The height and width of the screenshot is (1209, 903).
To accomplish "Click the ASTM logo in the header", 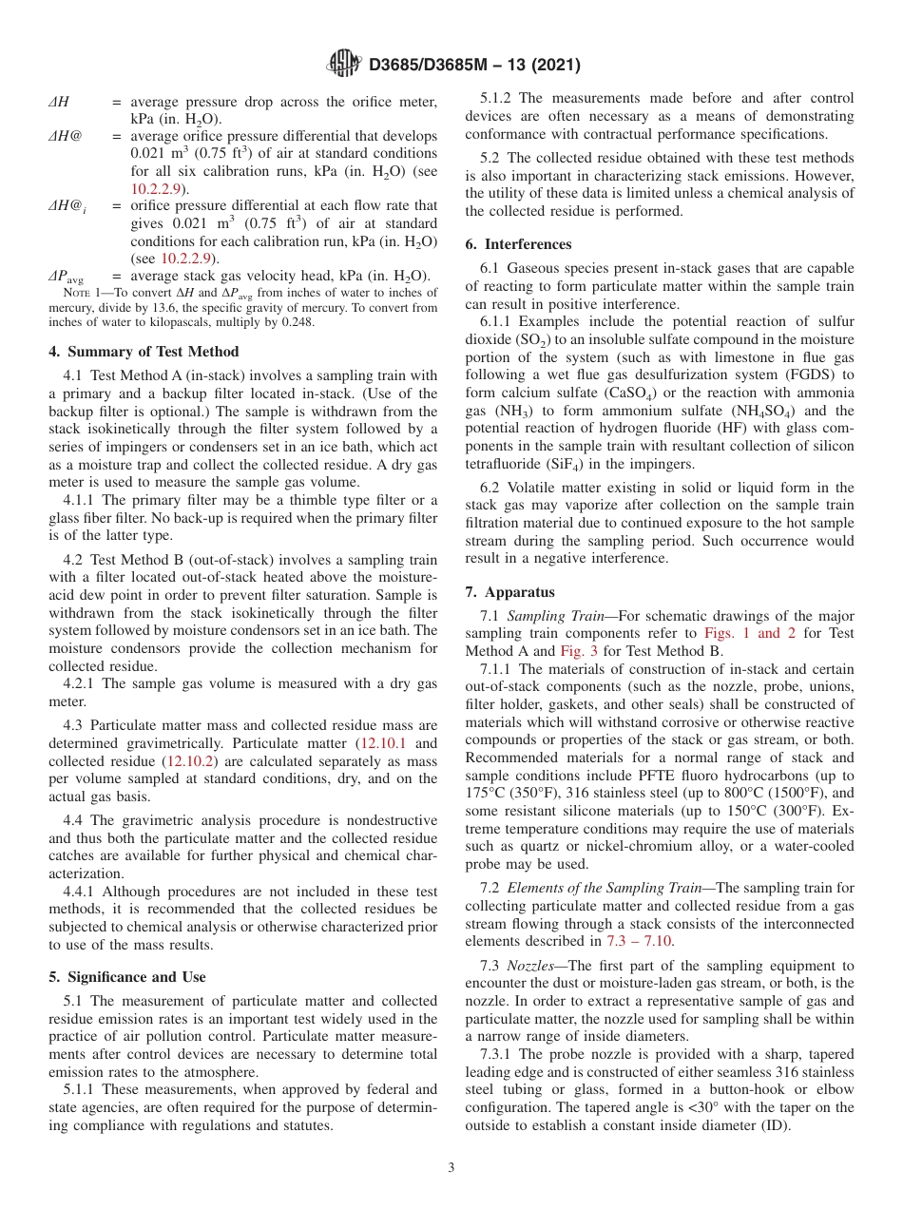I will [344, 65].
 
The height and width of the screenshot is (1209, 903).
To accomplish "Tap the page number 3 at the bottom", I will [451, 1167].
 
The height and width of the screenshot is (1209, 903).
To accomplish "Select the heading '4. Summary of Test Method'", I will [144, 352].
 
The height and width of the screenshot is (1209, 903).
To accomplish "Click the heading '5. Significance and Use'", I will [126, 976].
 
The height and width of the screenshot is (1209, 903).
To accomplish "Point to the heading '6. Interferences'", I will [518, 244].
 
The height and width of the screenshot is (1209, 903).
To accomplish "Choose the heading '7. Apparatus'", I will [510, 591].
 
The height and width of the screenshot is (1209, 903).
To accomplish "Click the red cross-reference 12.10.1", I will [386, 743].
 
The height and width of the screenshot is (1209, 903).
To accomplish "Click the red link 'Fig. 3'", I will [578, 651].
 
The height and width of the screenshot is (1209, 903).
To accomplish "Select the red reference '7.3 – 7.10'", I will [640, 941].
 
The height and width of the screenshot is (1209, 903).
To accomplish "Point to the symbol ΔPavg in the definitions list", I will [66, 277].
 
